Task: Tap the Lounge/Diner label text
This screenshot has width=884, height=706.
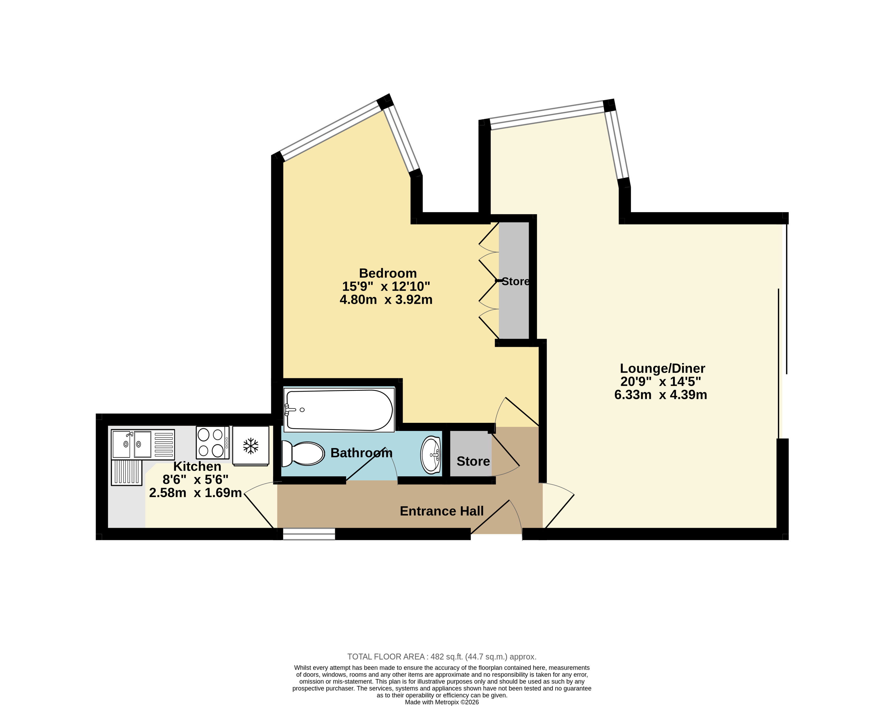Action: click(x=662, y=369)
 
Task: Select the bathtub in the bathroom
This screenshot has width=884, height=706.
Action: click(x=339, y=410)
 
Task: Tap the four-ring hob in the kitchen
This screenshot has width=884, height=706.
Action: click(x=212, y=443)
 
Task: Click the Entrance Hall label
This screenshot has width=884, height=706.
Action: click(x=442, y=511)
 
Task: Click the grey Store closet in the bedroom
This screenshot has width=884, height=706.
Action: click(x=514, y=280)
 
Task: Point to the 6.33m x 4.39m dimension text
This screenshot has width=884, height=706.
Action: click(x=660, y=395)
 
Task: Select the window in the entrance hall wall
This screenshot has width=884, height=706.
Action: click(x=309, y=534)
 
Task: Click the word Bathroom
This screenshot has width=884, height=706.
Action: click(x=361, y=453)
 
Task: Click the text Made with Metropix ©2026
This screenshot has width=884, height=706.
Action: click(x=442, y=702)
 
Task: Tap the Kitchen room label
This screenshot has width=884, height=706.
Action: click(x=197, y=466)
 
